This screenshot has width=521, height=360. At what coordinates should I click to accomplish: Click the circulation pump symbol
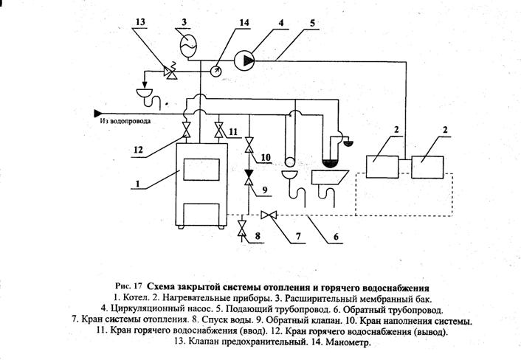(244, 60)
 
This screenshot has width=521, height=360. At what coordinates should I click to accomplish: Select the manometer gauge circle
(216, 71)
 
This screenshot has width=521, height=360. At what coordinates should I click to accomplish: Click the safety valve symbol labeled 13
(171, 72)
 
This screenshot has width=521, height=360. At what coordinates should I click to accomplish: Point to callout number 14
(244, 22)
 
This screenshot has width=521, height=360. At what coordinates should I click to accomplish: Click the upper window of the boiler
(201, 170)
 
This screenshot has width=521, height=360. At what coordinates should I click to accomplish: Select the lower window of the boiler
(201, 214)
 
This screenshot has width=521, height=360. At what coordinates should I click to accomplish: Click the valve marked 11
(219, 130)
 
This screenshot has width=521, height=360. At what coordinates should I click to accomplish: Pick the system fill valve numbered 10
(249, 145)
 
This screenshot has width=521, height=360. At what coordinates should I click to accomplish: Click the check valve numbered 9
(249, 178)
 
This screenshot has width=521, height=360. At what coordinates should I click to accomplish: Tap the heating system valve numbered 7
(269, 215)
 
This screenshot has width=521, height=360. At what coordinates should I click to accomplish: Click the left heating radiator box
(382, 167)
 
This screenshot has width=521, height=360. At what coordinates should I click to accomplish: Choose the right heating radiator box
(427, 167)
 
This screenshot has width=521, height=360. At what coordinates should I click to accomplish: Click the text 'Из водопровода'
(125, 121)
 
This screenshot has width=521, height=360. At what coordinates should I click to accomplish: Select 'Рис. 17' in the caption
(128, 286)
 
